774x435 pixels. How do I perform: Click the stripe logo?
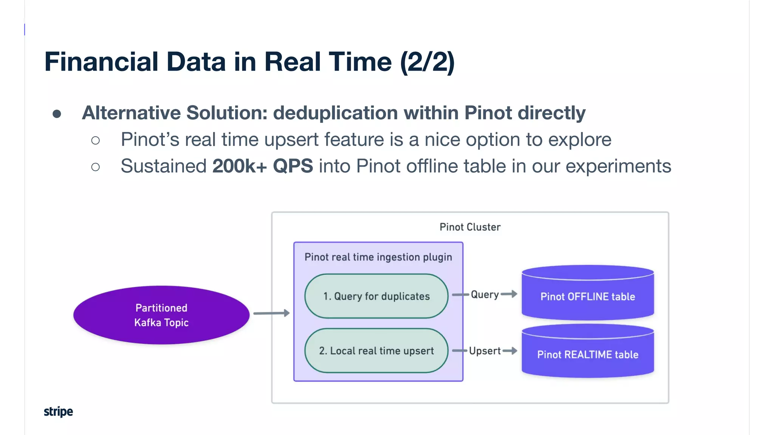tap(58, 412)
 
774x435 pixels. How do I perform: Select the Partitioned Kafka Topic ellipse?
tap(161, 315)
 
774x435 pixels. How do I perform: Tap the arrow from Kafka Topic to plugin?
tap(271, 313)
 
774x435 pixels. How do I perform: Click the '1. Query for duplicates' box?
tap(376, 296)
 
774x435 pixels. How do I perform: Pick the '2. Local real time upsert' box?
tap(376, 351)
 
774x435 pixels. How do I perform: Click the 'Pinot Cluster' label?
tap(470, 227)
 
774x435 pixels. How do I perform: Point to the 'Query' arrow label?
tap(485, 295)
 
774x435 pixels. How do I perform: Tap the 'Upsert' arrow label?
tap(485, 351)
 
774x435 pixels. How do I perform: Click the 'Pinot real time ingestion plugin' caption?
tap(378, 257)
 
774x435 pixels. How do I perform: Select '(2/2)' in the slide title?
tap(427, 62)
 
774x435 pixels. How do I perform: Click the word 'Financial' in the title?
tap(101, 62)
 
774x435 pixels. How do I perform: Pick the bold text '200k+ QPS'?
tap(262, 166)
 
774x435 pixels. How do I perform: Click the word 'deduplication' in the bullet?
tap(335, 113)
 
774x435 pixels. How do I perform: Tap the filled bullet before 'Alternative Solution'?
tap(57, 114)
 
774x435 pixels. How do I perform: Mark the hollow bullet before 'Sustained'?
tap(96, 167)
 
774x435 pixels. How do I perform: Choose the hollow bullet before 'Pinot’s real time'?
tap(96, 140)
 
